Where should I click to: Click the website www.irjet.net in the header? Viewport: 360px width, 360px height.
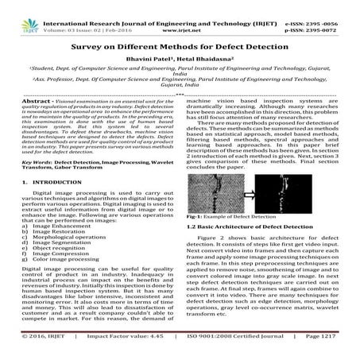click(x=181, y=15)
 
